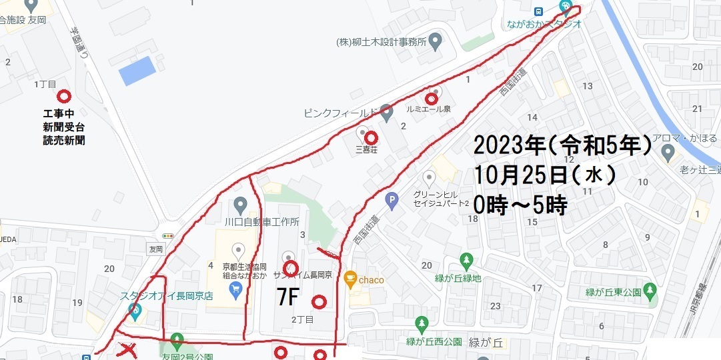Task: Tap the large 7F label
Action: coord(287,297)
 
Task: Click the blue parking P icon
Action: coord(393,199)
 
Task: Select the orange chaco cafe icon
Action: coord(350,279)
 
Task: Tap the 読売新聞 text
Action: coord(63,141)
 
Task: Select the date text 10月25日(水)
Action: coord(544,175)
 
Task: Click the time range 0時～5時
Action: coord(520,205)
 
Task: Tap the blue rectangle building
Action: coord(137,70)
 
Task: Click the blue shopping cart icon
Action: coord(235,288)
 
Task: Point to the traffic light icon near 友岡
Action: coord(167,235)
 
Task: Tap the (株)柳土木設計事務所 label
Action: coord(382,41)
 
